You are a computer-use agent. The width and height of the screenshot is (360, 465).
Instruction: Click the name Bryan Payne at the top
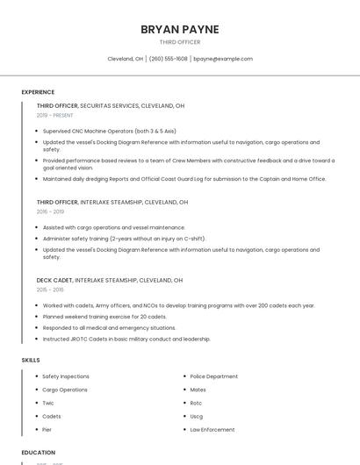click(x=180, y=29)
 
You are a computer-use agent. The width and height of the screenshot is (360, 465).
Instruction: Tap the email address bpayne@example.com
click(x=222, y=59)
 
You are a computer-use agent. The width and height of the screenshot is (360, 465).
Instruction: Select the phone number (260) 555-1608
click(x=168, y=59)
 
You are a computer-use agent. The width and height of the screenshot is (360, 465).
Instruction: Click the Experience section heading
click(x=38, y=92)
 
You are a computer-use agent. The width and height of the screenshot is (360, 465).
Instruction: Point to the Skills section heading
click(x=31, y=360)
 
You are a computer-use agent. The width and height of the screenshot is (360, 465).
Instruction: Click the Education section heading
click(x=37, y=453)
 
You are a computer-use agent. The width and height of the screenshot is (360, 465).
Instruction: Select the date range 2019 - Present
click(x=55, y=115)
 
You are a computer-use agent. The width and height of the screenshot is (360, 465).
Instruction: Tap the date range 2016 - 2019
click(x=50, y=211)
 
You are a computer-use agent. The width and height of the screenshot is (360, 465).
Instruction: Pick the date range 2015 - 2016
click(x=50, y=290)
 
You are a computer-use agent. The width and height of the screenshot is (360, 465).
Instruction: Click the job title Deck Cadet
click(x=54, y=280)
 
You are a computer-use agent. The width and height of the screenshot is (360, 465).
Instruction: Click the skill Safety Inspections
click(x=66, y=376)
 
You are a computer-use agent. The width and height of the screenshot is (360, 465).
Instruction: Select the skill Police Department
click(x=214, y=376)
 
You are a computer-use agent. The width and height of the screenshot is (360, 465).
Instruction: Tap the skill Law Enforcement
click(x=212, y=430)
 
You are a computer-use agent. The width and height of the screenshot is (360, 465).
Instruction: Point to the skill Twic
click(x=48, y=403)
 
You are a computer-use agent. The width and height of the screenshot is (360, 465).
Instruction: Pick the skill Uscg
click(x=197, y=416)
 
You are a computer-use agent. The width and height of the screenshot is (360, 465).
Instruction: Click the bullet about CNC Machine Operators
click(x=109, y=131)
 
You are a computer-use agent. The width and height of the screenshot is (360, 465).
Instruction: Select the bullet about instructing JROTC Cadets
click(x=126, y=339)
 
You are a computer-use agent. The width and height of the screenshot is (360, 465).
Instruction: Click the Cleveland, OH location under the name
click(x=125, y=59)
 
